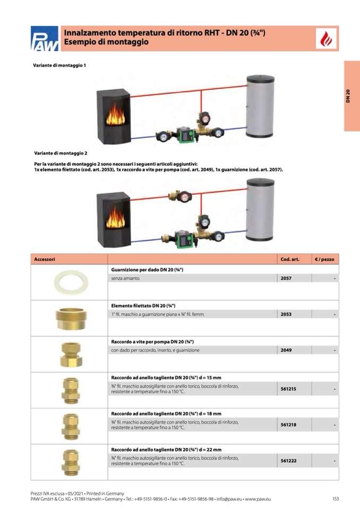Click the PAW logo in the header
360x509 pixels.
click(x=45, y=39)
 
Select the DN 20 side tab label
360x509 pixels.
click(x=348, y=96)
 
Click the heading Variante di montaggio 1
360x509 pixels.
click(x=59, y=65)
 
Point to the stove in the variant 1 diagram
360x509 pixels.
click(x=113, y=116)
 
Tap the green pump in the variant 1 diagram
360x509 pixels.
click(x=186, y=136)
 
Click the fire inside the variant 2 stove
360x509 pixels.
click(x=115, y=218)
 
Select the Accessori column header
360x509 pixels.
click(x=45, y=260)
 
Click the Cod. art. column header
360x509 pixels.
click(x=290, y=260)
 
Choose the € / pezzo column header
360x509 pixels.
click(x=324, y=260)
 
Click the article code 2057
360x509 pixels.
click(x=286, y=278)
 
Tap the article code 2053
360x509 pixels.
click(x=286, y=314)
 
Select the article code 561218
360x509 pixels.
click(x=288, y=425)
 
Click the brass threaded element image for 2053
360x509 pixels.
click(x=71, y=318)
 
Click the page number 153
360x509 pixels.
click(x=336, y=498)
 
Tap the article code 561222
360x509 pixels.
click(x=288, y=461)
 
